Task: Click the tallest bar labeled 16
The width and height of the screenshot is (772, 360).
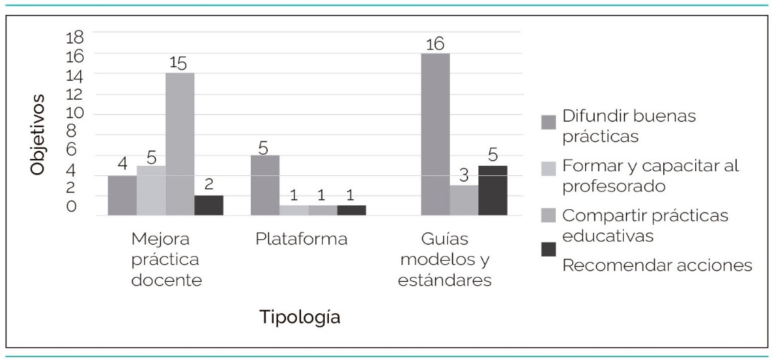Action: [435, 134]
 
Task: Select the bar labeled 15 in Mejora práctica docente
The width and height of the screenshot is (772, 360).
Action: [180, 144]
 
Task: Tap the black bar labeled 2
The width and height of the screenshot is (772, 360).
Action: [209, 205]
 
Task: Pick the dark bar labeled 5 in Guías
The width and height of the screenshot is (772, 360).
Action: [493, 190]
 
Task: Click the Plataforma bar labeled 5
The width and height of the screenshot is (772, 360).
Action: [265, 185]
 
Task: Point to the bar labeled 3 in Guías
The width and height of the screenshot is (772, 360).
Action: [463, 200]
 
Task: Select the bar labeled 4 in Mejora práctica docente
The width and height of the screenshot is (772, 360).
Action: [122, 196]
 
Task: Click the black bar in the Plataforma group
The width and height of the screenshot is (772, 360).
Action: [351, 210]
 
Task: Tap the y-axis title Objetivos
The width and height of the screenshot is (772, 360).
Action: [38, 135]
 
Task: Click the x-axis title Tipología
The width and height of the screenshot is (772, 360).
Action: [300, 317]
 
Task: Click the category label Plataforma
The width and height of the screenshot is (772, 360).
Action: [302, 240]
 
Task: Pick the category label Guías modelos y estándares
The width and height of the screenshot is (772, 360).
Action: [446, 260]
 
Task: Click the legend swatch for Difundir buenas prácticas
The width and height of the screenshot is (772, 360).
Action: [548, 122]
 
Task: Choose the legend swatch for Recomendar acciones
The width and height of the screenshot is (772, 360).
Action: [548, 250]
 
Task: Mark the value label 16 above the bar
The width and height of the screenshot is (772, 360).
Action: [435, 44]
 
